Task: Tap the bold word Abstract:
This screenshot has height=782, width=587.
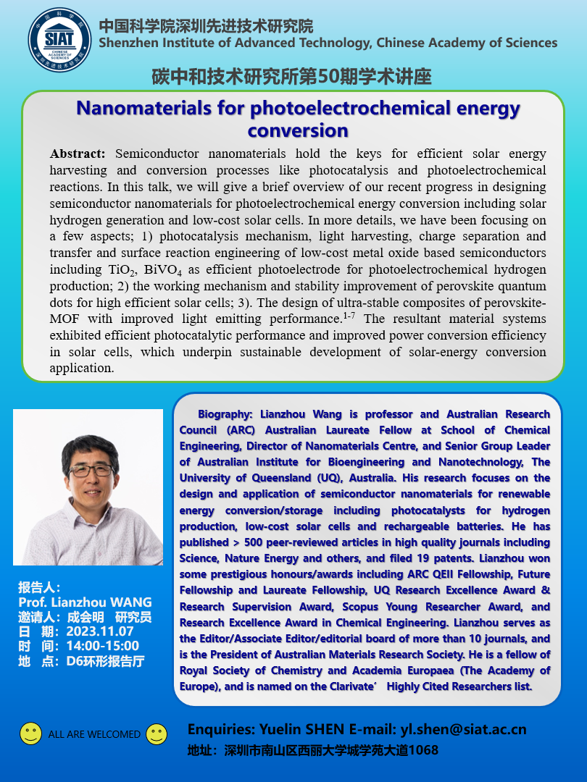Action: (78, 154)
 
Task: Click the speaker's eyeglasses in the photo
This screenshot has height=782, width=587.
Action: (91, 471)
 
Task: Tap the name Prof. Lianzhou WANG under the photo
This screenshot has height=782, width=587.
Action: (86, 602)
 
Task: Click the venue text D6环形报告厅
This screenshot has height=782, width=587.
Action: (106, 660)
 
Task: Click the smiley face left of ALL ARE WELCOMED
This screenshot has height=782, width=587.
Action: (30, 733)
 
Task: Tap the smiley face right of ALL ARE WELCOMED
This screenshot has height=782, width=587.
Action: (157, 733)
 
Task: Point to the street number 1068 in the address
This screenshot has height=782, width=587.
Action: (423, 750)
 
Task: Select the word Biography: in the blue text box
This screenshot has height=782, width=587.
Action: (223, 415)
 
